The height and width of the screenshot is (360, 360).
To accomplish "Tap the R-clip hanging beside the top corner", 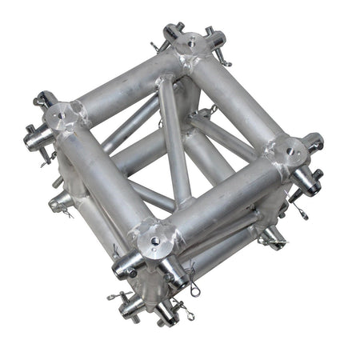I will [x=226, y=62].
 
